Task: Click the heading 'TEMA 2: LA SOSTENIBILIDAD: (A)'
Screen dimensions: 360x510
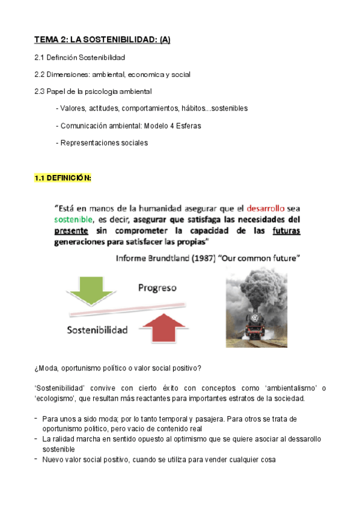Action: (x=102, y=40)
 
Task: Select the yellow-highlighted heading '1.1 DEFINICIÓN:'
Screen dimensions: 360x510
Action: (x=63, y=179)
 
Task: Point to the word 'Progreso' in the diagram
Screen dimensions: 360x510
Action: (x=157, y=287)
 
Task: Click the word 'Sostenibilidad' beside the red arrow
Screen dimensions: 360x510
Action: (x=97, y=330)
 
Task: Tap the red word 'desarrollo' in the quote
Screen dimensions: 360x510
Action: (x=269, y=207)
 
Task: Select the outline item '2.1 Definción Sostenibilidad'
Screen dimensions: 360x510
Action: (x=79, y=57)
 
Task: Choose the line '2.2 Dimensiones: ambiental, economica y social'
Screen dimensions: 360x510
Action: (x=112, y=75)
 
